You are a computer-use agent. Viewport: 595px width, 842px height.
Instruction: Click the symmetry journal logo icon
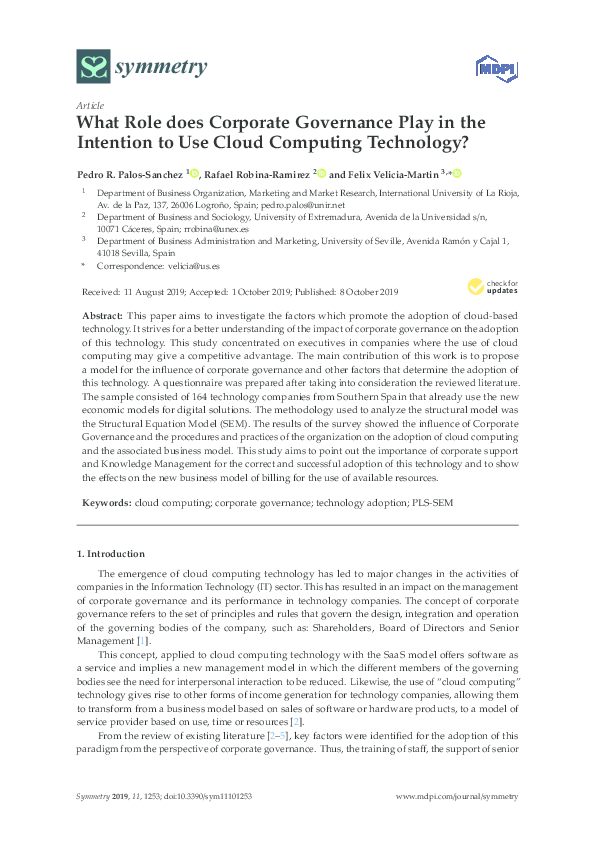click(x=93, y=67)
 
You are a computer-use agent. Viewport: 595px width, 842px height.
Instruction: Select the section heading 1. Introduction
click(x=111, y=553)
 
